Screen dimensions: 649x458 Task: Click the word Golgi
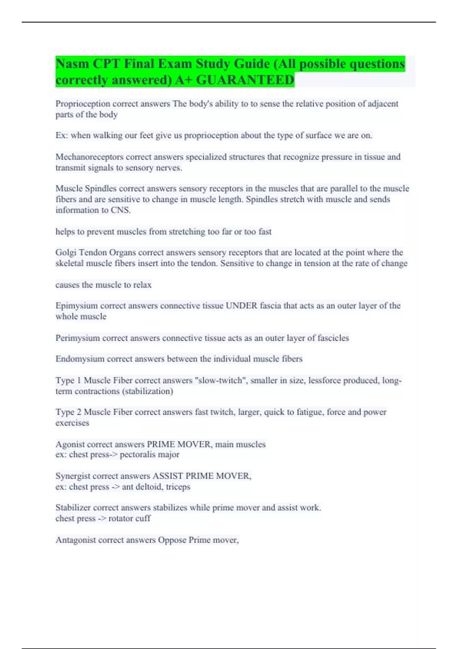[66, 252]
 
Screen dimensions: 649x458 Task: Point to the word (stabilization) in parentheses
[147, 391]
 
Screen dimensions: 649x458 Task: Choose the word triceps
[178, 487]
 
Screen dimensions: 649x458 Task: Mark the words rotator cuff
[129, 518]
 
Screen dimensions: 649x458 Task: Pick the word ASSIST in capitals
[166, 476]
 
